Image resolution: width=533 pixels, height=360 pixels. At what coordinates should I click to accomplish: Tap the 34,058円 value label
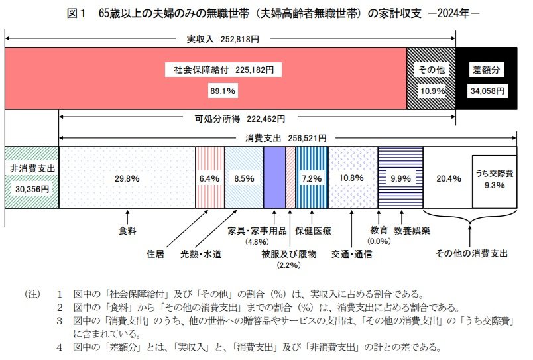[487, 90]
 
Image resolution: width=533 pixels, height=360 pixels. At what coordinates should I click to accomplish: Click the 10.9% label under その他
[431, 90]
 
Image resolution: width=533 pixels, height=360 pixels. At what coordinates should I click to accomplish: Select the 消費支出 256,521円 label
[282, 138]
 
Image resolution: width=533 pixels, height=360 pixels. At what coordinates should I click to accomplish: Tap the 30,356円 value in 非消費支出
[32, 188]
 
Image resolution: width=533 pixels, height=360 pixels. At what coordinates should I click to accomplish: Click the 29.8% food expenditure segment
[127, 178]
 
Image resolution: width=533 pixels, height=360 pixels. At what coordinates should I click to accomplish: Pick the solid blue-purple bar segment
[274, 178]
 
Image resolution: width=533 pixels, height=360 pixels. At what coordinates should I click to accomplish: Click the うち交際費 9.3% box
[494, 180]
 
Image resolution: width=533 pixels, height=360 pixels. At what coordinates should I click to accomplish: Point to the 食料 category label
[127, 231]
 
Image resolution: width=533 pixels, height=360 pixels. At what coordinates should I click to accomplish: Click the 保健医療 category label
[314, 231]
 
